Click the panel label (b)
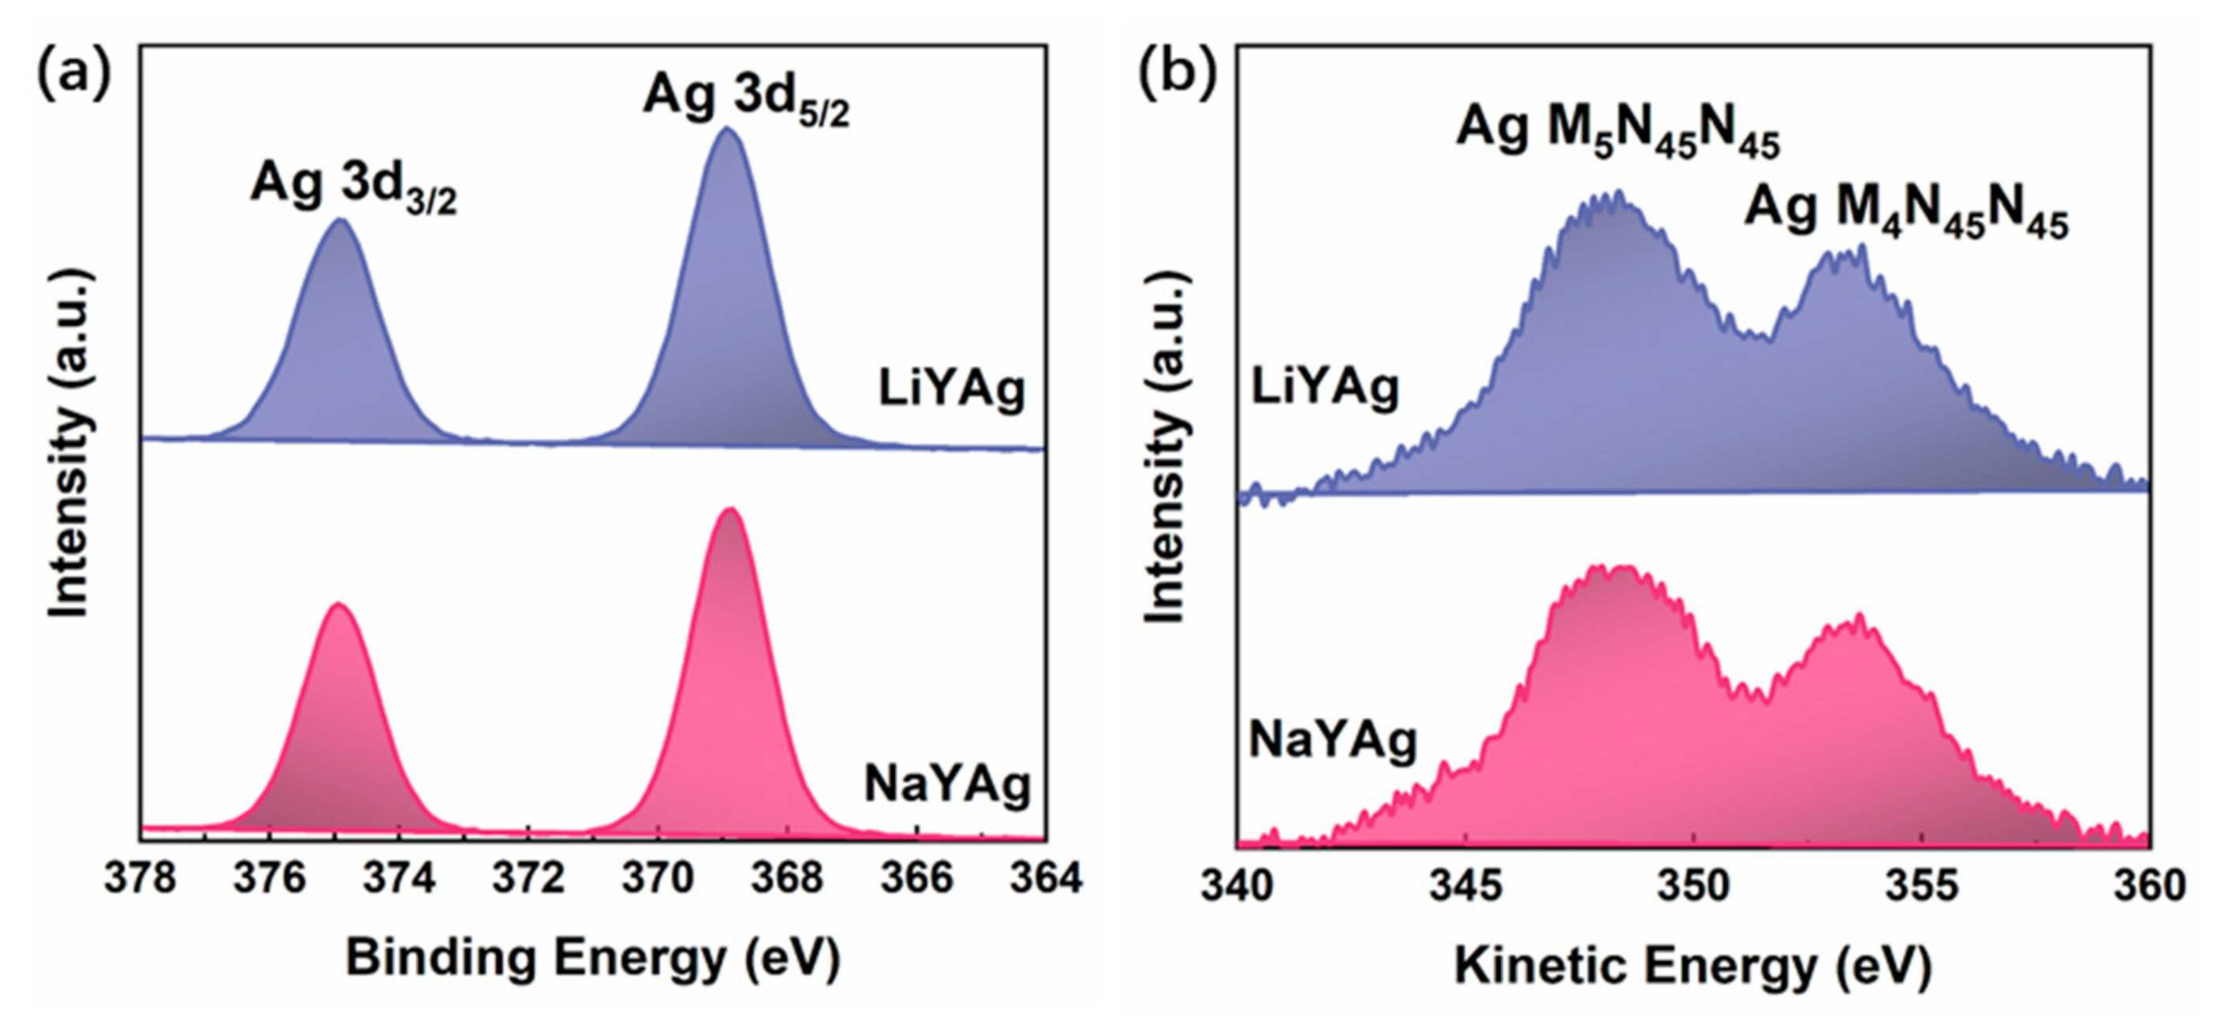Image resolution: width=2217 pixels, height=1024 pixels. (x=1177, y=73)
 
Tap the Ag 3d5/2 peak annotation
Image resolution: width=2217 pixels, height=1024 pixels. (x=745, y=97)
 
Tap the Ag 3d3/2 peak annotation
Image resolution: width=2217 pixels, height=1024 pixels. (x=353, y=187)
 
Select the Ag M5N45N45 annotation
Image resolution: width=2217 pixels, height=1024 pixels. (x=1617, y=132)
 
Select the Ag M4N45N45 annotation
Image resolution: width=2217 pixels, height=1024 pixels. (x=1905, y=210)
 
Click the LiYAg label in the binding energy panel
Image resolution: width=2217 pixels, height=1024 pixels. (x=951, y=389)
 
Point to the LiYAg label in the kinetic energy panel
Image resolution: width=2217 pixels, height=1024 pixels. (x=1324, y=388)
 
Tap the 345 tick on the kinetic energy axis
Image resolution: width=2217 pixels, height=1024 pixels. (x=1465, y=885)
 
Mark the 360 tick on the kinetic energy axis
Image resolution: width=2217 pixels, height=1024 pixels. (x=2149, y=885)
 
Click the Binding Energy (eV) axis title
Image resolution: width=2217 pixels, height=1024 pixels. (x=592, y=958)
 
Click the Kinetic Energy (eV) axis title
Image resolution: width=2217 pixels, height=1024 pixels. (x=1692, y=966)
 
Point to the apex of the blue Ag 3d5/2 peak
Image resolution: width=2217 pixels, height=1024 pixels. (x=727, y=129)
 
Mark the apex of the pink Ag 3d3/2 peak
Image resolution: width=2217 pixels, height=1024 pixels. (x=338, y=604)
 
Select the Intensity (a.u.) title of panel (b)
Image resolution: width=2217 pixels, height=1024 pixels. (x=1168, y=448)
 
